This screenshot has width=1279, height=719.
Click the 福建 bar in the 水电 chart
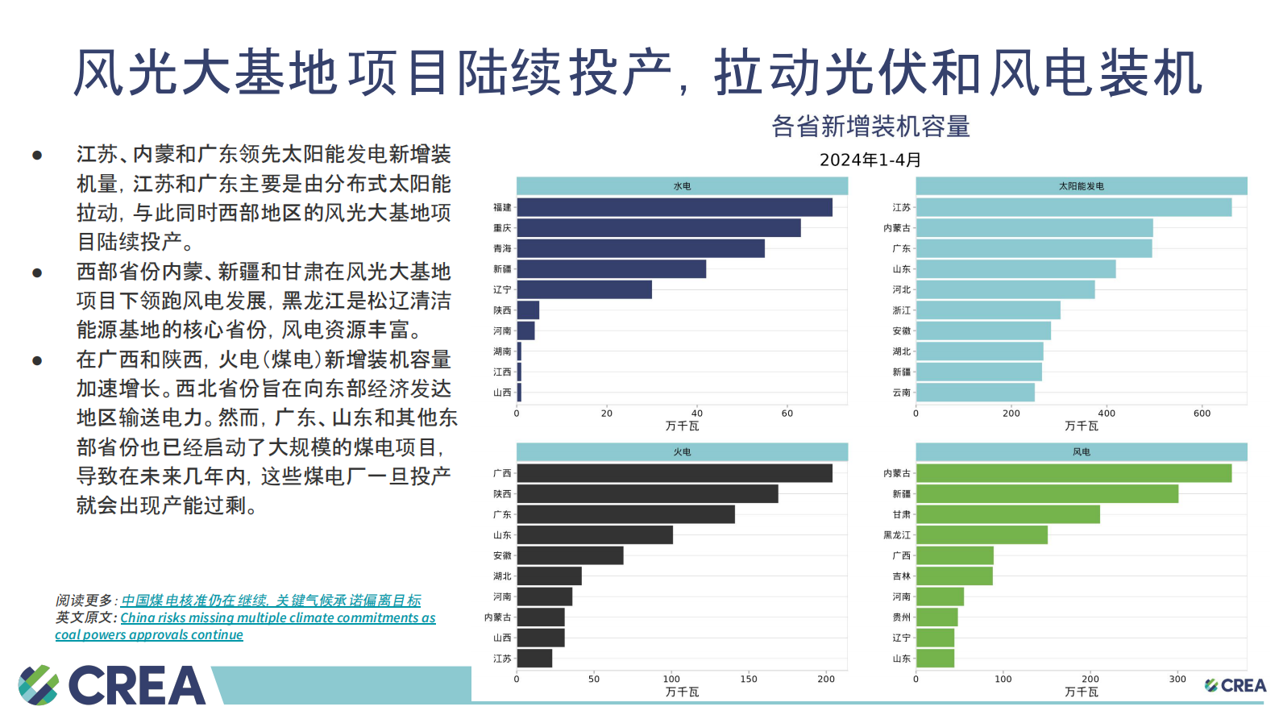coord(674,207)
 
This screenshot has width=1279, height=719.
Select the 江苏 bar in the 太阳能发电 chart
coord(1073,207)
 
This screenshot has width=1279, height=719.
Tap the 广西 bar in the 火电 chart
coord(674,473)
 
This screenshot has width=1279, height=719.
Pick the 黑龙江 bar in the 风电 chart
coord(982,535)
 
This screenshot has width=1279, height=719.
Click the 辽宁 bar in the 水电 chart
coord(584,289)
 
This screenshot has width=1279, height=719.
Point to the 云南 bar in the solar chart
coord(975,393)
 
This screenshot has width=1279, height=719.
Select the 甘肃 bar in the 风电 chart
coord(1007,514)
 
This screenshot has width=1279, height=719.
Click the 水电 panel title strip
coord(682,186)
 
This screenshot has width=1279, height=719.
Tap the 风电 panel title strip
coord(1081,452)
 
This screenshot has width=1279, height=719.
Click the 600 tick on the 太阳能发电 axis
coord(1202,414)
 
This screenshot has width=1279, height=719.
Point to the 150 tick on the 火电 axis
coord(749,680)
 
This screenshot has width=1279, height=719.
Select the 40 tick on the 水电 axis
coord(697,414)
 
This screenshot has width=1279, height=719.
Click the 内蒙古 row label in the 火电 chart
coord(497,617)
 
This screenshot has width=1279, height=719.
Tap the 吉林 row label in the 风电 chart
coord(901,576)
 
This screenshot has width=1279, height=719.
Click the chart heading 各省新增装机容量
coord(870,127)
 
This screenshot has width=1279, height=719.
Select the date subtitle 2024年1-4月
coord(870,160)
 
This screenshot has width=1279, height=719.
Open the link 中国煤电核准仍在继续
coord(271,601)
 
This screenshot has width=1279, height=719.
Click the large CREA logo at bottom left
coord(113,685)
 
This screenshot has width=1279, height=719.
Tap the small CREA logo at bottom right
coord(1235,685)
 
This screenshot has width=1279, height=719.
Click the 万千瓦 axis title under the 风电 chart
coord(1081,692)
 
